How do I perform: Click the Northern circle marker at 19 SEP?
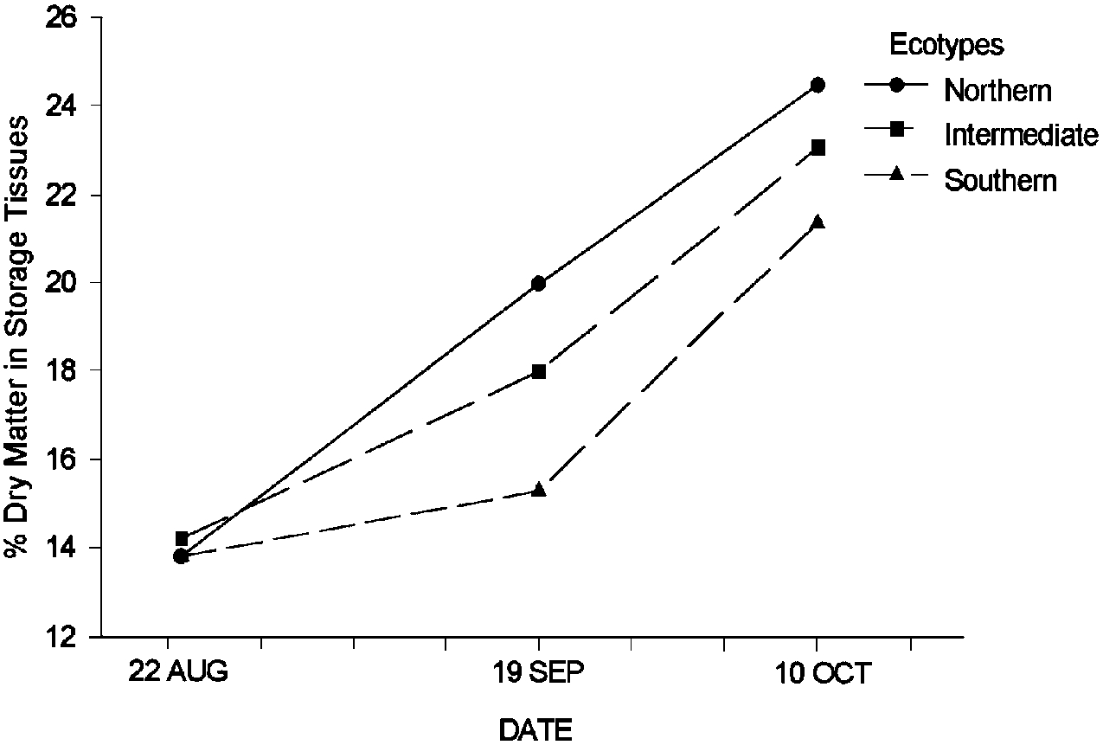[x=538, y=283]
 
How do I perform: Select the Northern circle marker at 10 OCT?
[x=817, y=85]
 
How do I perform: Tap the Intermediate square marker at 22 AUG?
[x=182, y=538]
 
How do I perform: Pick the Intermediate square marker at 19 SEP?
[x=538, y=371]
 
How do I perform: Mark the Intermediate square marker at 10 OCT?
[x=817, y=148]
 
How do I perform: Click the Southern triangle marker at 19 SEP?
[x=538, y=490]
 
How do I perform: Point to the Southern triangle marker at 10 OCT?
[x=817, y=222]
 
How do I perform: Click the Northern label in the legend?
[x=997, y=90]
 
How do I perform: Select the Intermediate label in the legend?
[x=1021, y=135]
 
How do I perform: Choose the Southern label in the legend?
[x=1000, y=180]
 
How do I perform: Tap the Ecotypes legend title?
[x=946, y=45]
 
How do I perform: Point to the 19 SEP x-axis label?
[x=538, y=672]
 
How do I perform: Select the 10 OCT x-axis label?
[x=817, y=672]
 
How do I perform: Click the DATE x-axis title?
[x=535, y=729]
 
